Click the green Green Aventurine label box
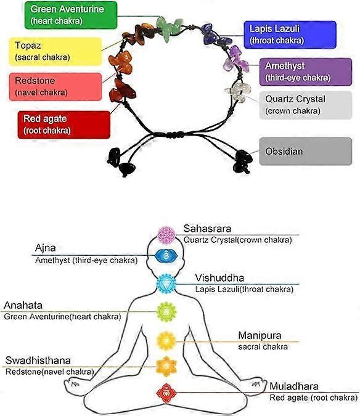click(x=71, y=15)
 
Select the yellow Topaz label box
click(x=55, y=52)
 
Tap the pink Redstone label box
click(x=55, y=87)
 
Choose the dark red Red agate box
click(x=64, y=124)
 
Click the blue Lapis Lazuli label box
click(x=290, y=35)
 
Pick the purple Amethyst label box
click(x=306, y=72)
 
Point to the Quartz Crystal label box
click(x=306, y=105)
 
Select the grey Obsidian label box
click(x=306, y=152)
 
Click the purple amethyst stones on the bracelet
click(x=235, y=59)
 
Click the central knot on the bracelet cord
click(x=175, y=134)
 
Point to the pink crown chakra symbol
click(x=166, y=235)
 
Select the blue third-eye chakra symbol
click(x=166, y=256)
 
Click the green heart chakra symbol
click(x=166, y=312)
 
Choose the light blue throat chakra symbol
click(x=166, y=284)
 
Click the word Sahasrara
click(x=207, y=229)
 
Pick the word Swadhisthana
click(x=38, y=361)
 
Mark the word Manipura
click(x=260, y=336)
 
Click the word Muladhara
click(x=294, y=386)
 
